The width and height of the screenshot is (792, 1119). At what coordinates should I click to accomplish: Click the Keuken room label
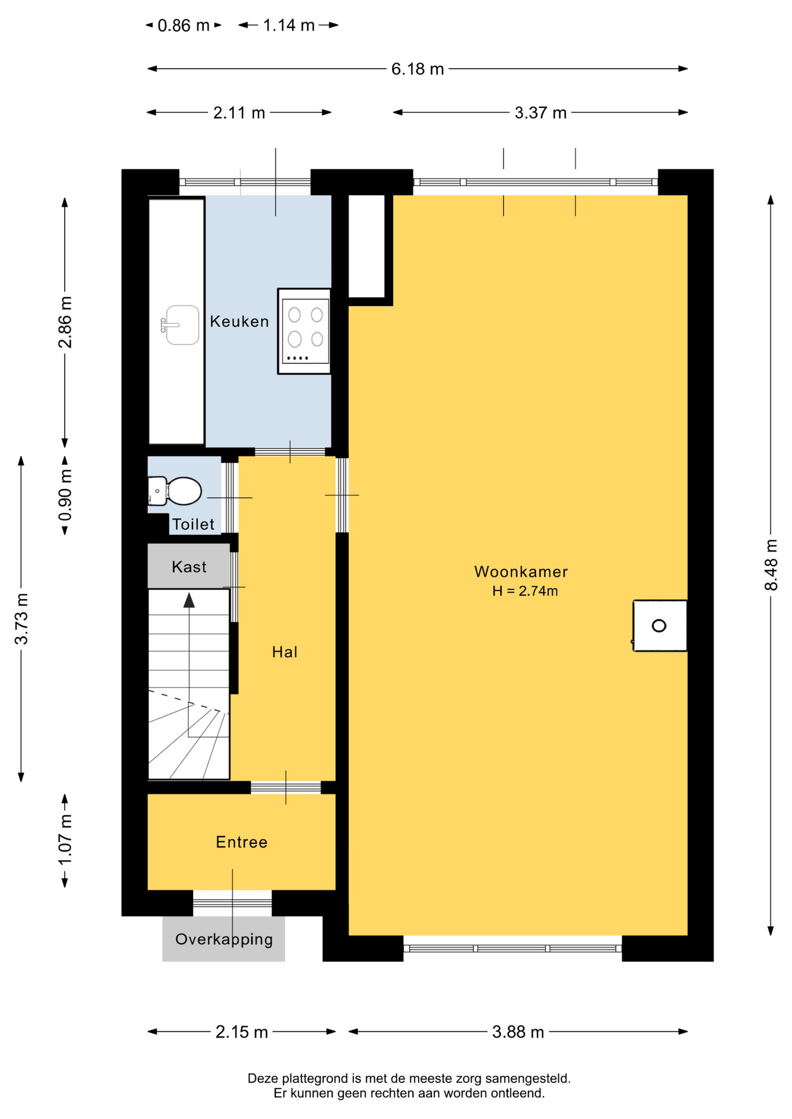tap(239, 321)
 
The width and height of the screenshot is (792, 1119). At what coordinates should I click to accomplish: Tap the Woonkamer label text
tap(521, 572)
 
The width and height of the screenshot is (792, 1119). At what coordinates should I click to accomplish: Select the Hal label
tap(285, 652)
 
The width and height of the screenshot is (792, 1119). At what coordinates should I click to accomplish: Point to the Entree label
tap(241, 842)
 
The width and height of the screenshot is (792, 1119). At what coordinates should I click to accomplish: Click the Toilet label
tap(193, 525)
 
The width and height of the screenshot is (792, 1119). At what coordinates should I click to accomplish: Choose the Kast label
tap(189, 566)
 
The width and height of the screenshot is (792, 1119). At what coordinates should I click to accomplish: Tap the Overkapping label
tap(224, 939)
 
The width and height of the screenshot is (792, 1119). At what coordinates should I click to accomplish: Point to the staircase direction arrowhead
tap(189, 600)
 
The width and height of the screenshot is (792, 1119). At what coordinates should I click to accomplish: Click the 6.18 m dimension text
tap(418, 69)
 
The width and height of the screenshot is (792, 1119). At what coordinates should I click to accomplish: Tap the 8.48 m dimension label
tap(771, 565)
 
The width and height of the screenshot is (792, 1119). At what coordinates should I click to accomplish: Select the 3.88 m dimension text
tap(518, 1032)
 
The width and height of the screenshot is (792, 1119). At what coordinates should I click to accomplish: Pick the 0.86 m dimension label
tap(183, 26)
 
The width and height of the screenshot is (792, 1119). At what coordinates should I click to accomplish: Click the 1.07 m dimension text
tap(65, 840)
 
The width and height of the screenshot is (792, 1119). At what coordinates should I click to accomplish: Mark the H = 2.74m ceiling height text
tap(525, 591)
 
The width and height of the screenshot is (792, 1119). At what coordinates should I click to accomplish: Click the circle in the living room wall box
tap(659, 626)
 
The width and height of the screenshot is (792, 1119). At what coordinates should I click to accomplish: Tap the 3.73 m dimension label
tap(21, 619)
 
